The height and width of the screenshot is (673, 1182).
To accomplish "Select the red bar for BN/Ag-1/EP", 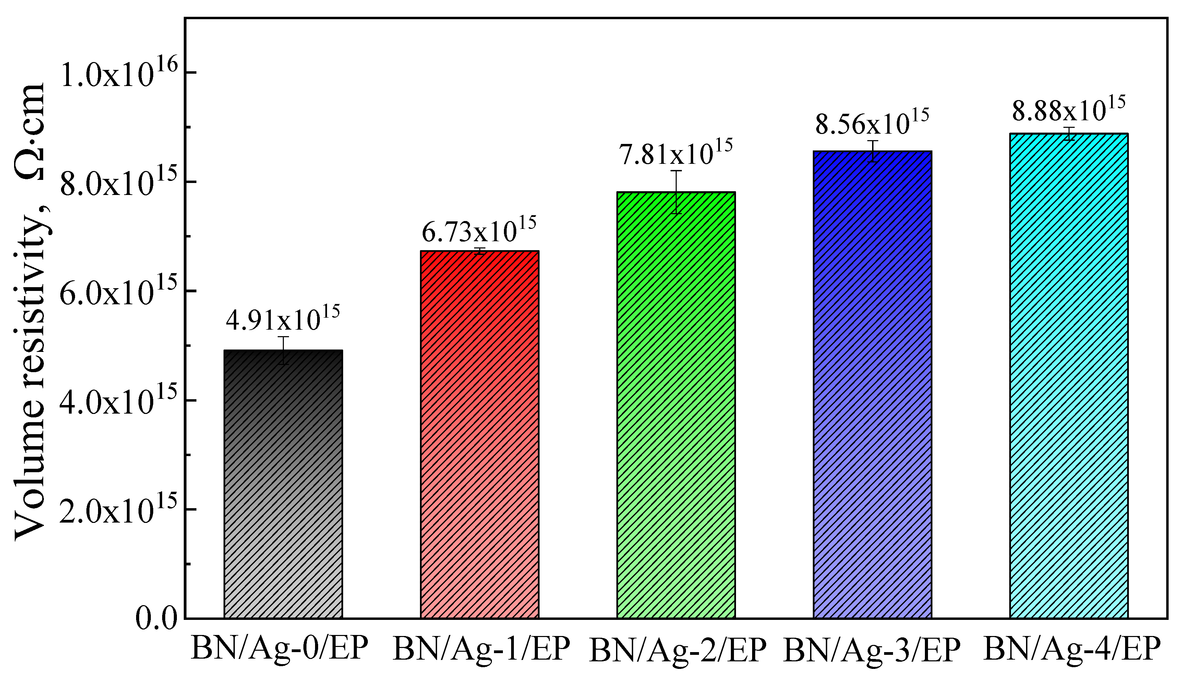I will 479,434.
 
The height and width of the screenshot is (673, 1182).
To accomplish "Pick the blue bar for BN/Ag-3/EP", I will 872,384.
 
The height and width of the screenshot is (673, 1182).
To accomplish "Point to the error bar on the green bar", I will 676,192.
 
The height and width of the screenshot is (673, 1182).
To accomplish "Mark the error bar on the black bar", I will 284,350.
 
